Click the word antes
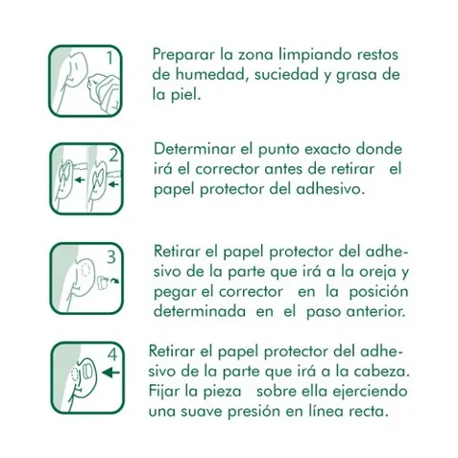click(284, 170)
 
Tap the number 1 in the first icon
click(110, 59)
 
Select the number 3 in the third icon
click(111, 256)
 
